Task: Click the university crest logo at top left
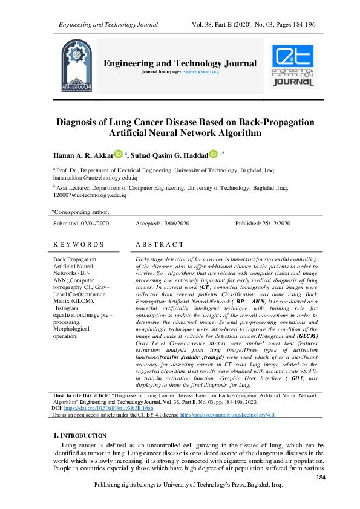(x=79, y=67)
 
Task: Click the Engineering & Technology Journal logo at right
(x=293, y=66)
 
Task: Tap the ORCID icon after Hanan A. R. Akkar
(x=119, y=155)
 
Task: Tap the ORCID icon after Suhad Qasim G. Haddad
(x=213, y=155)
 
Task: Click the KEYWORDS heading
(x=78, y=244)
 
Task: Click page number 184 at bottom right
(x=321, y=478)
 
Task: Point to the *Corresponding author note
(x=80, y=212)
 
